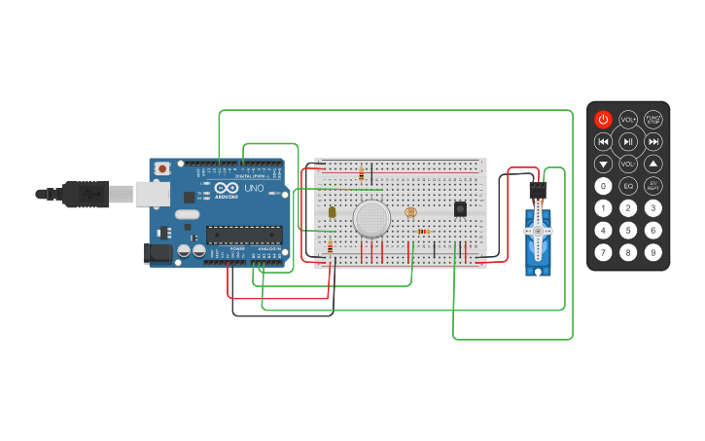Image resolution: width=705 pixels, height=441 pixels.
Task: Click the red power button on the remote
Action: coord(603,120)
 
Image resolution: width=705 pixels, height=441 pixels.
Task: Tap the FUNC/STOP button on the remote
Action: coord(653,120)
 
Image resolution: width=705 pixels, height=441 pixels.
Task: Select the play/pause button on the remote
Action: coord(628,142)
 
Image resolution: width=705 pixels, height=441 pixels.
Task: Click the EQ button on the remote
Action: coord(628,185)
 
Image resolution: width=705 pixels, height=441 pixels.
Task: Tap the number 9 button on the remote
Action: coord(653,252)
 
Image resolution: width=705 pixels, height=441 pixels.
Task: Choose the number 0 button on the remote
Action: coord(603,185)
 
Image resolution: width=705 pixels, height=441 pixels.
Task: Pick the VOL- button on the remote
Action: coord(628,164)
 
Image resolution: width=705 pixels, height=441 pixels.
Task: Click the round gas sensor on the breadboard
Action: coord(371,219)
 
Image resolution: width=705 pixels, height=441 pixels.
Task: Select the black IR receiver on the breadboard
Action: coord(460,208)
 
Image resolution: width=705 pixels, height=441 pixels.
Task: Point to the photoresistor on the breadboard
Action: coord(409,212)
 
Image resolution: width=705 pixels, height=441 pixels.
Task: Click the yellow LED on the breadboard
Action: coord(332,211)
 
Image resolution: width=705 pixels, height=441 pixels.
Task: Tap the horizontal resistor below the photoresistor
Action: coord(423,231)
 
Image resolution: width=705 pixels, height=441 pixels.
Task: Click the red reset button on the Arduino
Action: coord(161,168)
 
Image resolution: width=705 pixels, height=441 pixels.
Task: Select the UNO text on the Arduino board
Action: coord(254,188)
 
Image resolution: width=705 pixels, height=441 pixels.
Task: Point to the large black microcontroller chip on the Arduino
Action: coord(243,235)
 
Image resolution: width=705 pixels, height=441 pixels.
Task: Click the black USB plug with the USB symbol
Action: coord(85,195)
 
